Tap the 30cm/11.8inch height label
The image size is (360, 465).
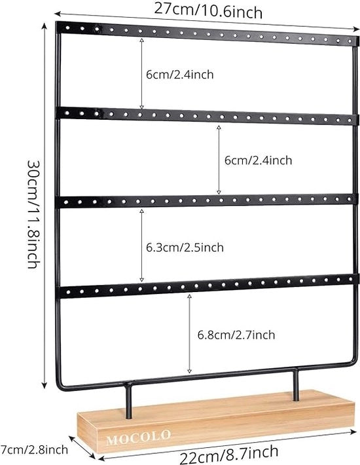(33, 214)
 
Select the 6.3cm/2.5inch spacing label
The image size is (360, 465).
(185, 248)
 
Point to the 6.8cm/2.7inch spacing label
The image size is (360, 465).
(236, 335)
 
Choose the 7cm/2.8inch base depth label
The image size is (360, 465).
(34, 449)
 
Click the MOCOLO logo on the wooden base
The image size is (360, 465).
(138, 437)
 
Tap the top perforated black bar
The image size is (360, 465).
(207, 33)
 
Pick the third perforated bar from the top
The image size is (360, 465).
(207, 200)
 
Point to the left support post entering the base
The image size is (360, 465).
(128, 400)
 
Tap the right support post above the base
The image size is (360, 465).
(295, 384)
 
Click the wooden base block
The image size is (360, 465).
(216, 421)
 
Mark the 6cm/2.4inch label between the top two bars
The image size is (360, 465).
(179, 74)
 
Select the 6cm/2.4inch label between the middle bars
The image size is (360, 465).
(258, 160)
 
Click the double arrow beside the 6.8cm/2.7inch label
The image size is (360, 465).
(189, 333)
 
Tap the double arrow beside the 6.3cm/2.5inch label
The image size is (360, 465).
(141, 245)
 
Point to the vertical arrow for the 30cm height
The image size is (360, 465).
(44, 206)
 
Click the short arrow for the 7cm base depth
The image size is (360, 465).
(82, 447)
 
